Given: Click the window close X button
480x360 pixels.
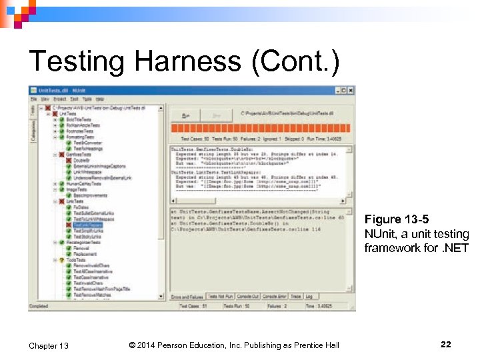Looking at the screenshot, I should (x=351, y=90).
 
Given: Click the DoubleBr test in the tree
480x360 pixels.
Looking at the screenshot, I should (x=81, y=160).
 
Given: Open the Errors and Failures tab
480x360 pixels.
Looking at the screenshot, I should (x=187, y=295).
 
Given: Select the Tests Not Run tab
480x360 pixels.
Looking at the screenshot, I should (x=220, y=295).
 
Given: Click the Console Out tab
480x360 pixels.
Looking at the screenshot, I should (x=247, y=295).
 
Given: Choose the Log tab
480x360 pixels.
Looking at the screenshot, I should (x=310, y=295).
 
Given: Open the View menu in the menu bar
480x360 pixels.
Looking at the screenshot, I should (x=44, y=99).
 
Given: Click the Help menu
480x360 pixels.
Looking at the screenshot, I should (x=99, y=99).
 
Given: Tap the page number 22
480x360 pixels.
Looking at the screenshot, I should (x=445, y=344).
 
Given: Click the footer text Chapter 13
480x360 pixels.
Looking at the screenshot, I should (x=49, y=345).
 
